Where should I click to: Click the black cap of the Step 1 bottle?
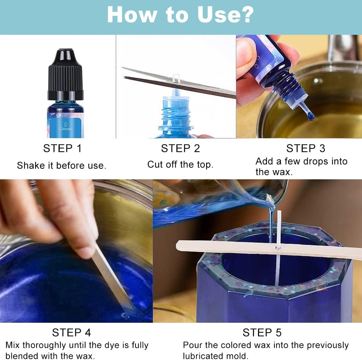pyautogui.click(x=66, y=75)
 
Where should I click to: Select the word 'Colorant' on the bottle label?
pyautogui.click(x=66, y=129)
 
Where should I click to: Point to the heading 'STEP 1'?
pyautogui.click(x=62, y=148)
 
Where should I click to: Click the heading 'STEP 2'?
pyautogui.click(x=180, y=148)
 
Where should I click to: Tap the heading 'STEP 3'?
pyautogui.click(x=306, y=148)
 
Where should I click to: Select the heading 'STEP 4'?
pyautogui.click(x=71, y=333)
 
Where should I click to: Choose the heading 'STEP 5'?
pyautogui.click(x=262, y=333)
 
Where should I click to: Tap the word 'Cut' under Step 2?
pyautogui.click(x=155, y=164)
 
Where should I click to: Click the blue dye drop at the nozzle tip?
pyautogui.click(x=311, y=117)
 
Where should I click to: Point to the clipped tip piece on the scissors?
pyautogui.click(x=176, y=78)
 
